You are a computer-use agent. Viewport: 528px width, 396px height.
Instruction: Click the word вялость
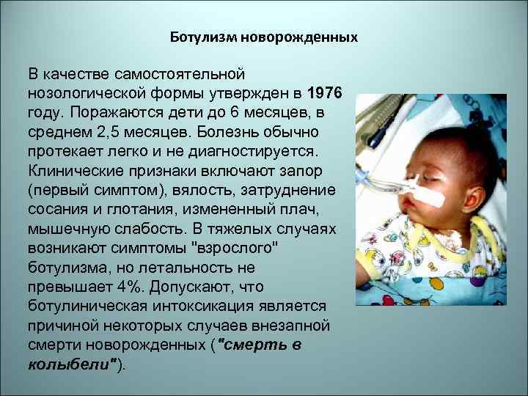coord(207,190)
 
